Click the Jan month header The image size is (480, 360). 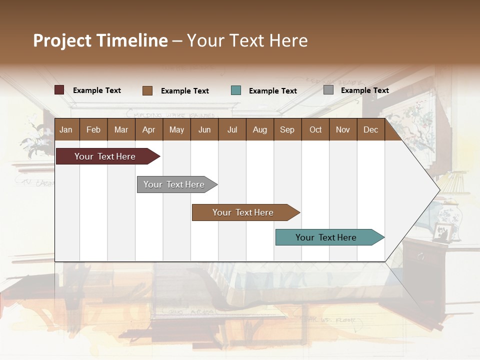[x=66, y=130]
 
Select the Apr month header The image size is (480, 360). [x=148, y=130]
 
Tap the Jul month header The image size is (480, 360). [x=232, y=130]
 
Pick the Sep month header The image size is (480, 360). [x=287, y=130]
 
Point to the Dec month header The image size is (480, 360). [x=370, y=130]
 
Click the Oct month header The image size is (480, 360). [x=315, y=130]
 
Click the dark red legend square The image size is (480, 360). [x=59, y=90]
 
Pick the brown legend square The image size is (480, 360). [x=147, y=90]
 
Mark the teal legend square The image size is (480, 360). [x=236, y=90]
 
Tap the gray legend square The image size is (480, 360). [x=328, y=90]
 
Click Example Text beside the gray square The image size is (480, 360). [x=364, y=90]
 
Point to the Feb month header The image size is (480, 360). [x=93, y=130]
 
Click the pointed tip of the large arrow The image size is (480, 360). [x=439, y=189]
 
